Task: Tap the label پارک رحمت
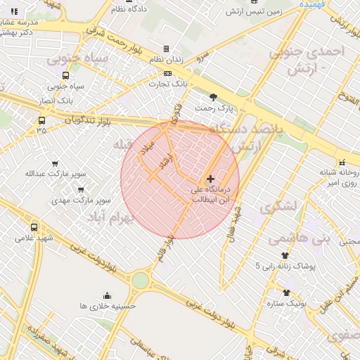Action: (214, 108)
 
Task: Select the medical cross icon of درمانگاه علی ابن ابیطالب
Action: (210, 179)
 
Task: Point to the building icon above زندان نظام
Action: (166, 49)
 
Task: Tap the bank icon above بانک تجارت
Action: (167, 73)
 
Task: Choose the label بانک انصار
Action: (60, 101)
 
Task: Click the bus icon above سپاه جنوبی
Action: (65, 75)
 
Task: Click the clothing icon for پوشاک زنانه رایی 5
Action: (285, 256)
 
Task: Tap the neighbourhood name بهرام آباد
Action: (110, 219)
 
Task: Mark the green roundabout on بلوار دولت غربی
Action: (140, 281)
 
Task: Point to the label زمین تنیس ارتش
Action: (253, 12)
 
